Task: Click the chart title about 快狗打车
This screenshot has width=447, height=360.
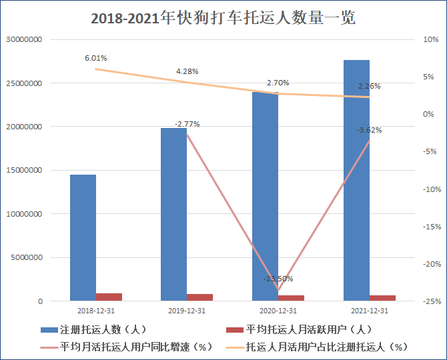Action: [x=223, y=17]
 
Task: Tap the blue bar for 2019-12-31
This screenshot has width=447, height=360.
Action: [x=174, y=214]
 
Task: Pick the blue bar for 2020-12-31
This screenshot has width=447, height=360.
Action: [x=265, y=200]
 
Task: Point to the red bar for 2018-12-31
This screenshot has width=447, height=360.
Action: [x=109, y=297]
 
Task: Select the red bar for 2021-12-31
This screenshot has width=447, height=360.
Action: [x=382, y=298]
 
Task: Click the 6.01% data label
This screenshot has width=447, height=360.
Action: [x=95, y=59]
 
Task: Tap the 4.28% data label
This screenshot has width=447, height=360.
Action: [x=187, y=71]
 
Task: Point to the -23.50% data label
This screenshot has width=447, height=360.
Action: [x=278, y=279]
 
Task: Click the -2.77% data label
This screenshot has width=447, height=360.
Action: [x=187, y=124]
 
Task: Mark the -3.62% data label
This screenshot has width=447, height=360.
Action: [x=369, y=130]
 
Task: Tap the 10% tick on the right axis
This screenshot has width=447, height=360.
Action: [x=428, y=40]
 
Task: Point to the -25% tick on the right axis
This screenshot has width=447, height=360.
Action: [x=428, y=301]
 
